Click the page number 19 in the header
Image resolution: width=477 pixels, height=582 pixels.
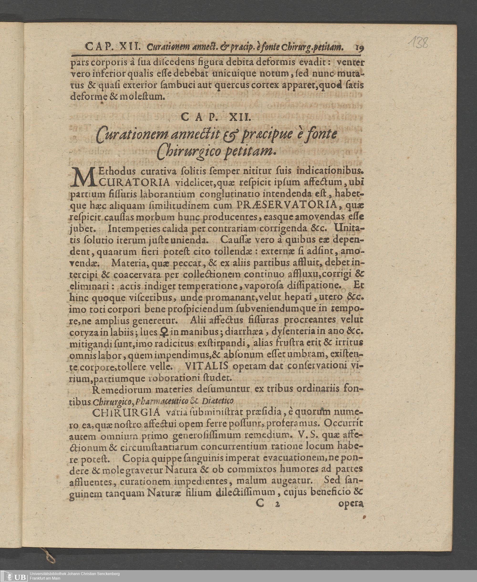360,47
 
